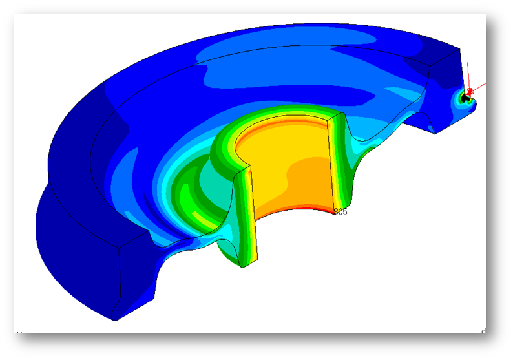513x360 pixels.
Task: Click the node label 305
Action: click(340, 212)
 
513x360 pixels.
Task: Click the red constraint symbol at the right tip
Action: click(470, 90)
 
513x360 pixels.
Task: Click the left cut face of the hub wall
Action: click(245, 213)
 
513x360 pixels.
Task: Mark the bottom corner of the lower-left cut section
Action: click(112, 319)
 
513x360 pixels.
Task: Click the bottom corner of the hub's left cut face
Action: click(241, 266)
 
